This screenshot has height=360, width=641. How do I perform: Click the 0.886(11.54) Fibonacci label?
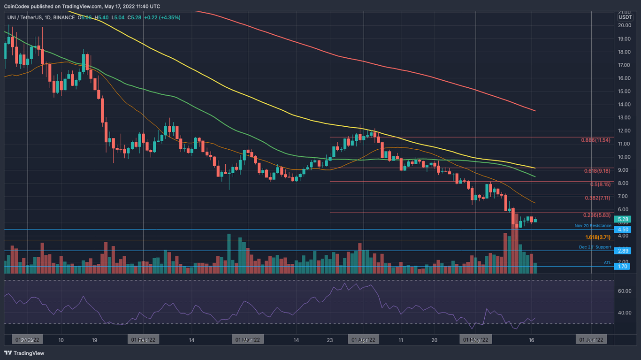[595, 140]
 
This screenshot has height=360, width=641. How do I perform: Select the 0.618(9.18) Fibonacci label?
[597, 171]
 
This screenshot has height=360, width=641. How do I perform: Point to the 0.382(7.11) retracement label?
[597, 198]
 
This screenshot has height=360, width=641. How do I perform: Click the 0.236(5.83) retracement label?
[597, 215]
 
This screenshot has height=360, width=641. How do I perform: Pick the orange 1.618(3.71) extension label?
[598, 237]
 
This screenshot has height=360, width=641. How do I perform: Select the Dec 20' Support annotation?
[595, 247]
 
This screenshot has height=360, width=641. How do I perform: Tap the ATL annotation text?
[607, 262]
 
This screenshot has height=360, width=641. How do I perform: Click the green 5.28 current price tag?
[623, 219]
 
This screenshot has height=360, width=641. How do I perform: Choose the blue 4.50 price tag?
[623, 230]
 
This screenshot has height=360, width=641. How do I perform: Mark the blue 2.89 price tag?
[623, 251]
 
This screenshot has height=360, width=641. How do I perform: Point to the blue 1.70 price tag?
[623, 266]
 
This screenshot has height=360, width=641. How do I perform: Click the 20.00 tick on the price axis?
[624, 25]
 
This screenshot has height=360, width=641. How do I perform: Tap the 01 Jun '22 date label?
[591, 339]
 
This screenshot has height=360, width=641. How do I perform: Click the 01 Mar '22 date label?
[248, 339]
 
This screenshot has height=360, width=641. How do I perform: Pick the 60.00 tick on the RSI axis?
[624, 291]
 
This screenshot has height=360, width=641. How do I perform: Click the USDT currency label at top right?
[625, 17]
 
